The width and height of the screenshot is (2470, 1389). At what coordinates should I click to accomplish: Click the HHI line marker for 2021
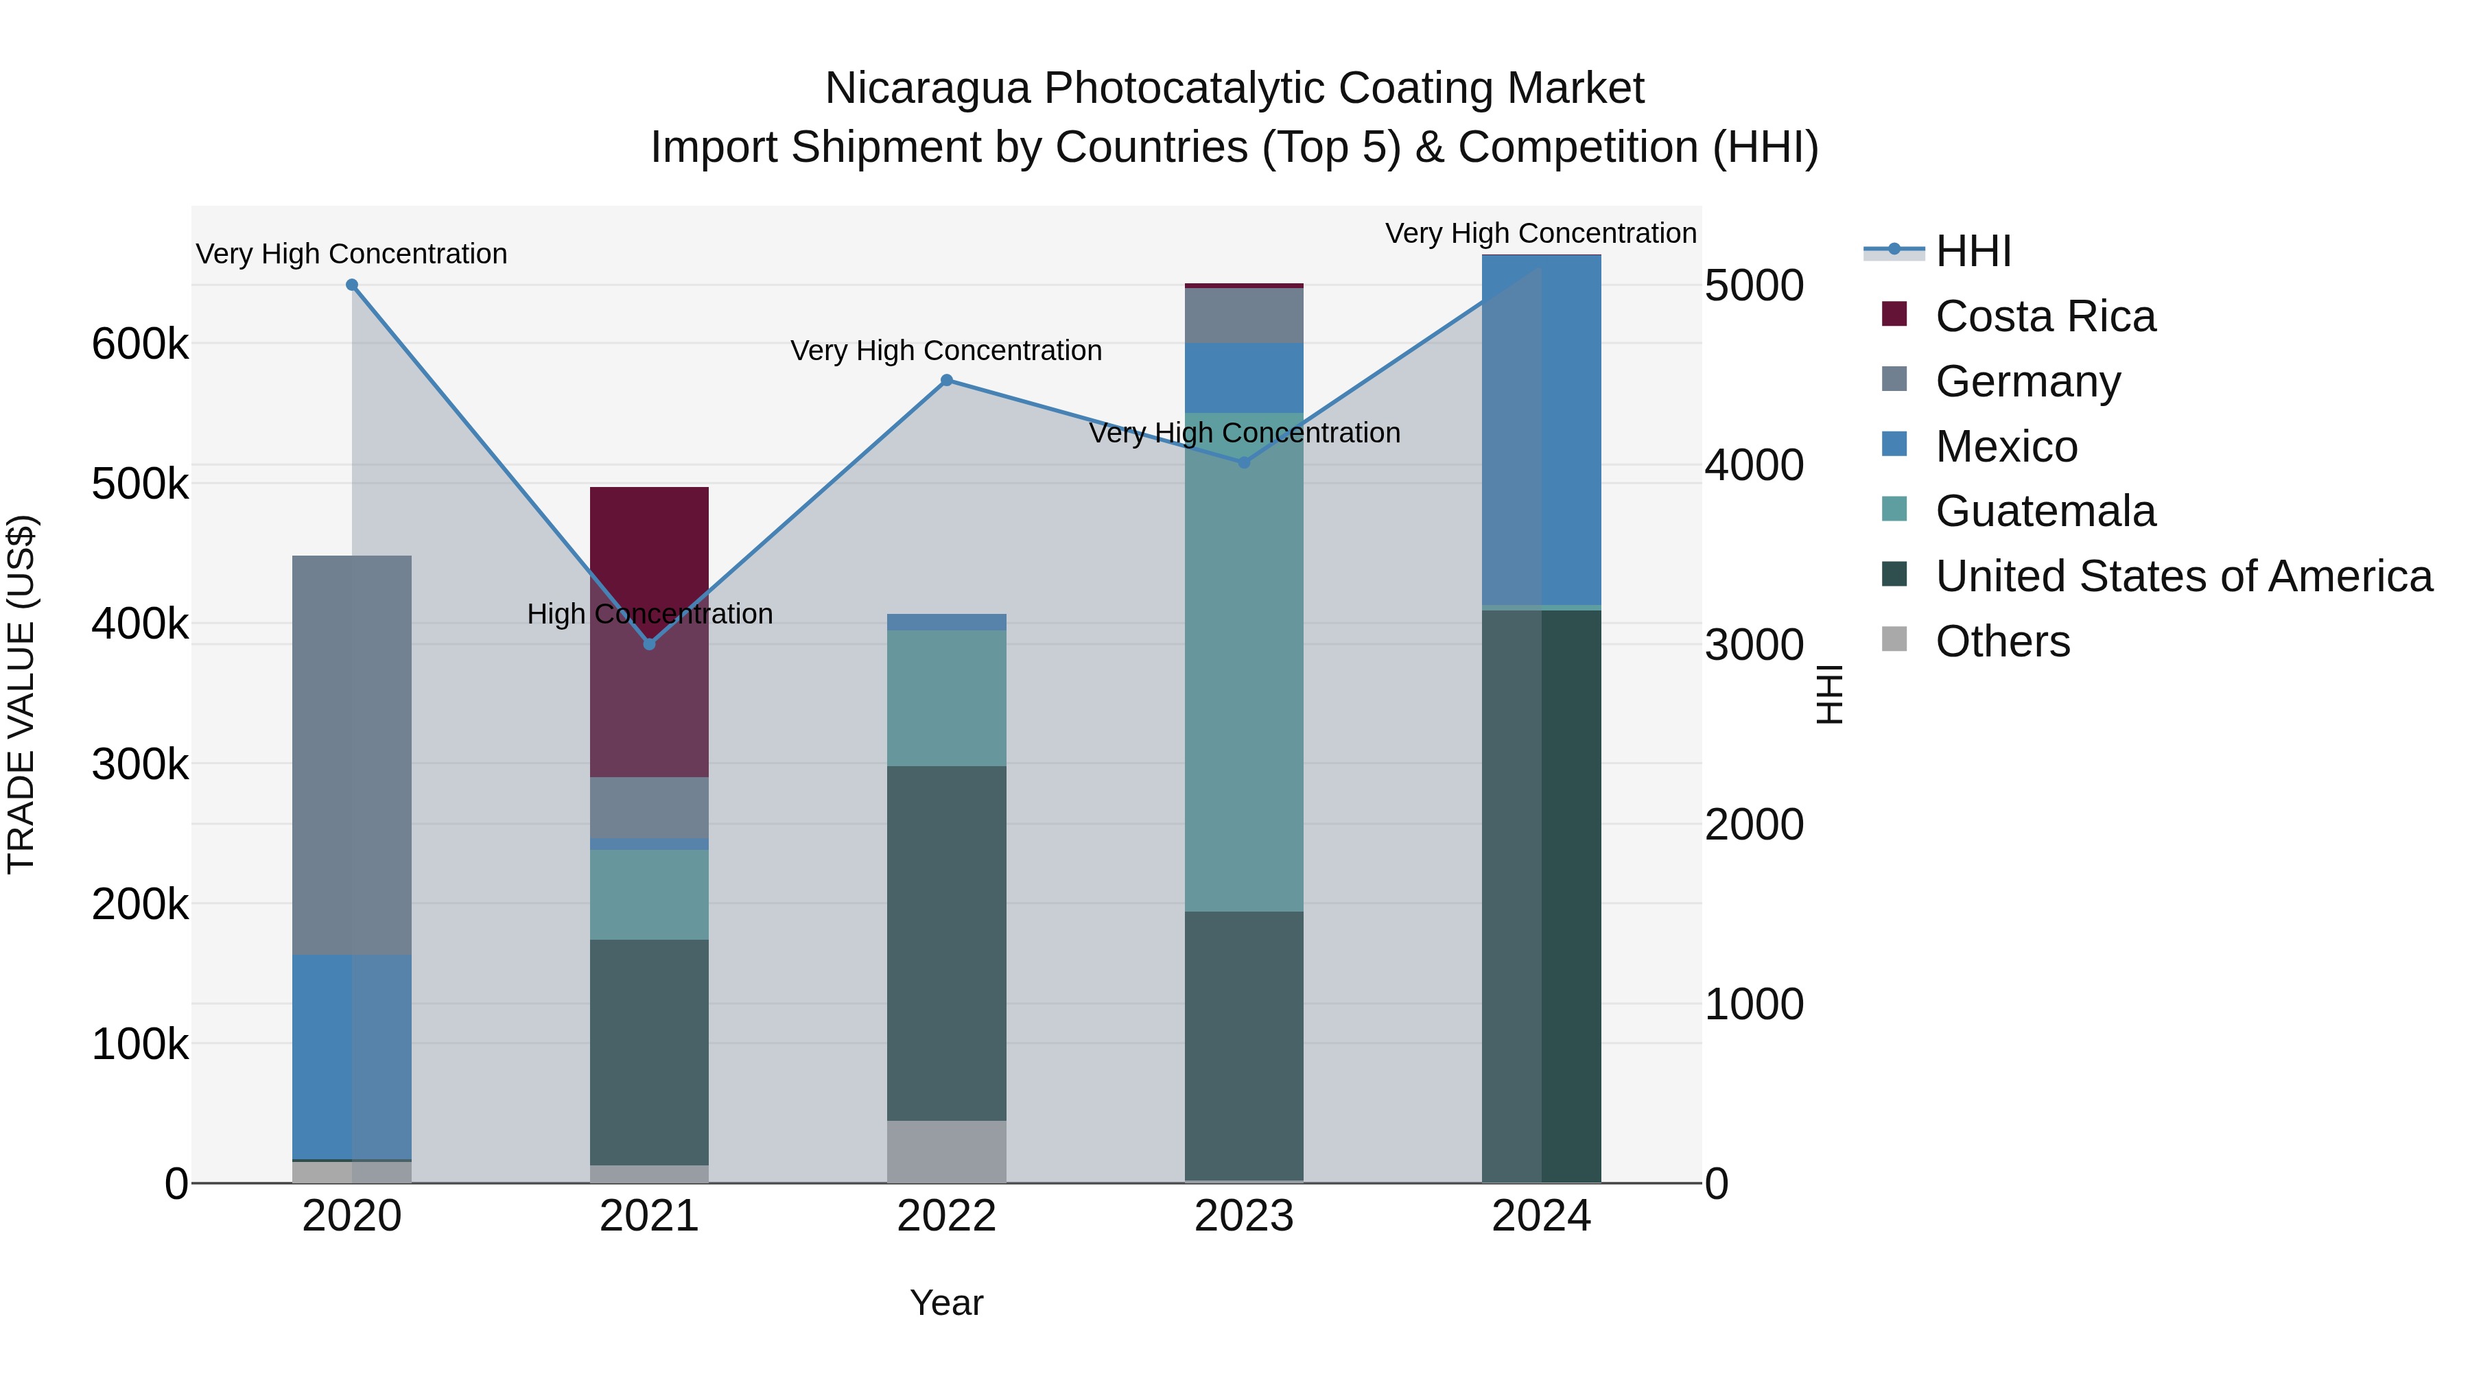point(649,644)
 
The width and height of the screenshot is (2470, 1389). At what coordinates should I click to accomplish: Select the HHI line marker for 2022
point(946,381)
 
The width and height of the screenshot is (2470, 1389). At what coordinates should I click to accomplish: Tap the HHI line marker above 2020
point(352,285)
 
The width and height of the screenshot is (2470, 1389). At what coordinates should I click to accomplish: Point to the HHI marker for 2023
point(1245,463)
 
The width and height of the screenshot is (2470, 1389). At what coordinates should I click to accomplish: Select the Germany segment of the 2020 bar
point(352,755)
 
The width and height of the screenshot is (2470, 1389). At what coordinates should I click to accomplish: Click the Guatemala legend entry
point(2045,511)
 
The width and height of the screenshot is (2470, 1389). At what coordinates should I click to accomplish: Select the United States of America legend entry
point(2183,576)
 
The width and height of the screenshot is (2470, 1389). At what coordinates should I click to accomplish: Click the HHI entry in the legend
point(1973,251)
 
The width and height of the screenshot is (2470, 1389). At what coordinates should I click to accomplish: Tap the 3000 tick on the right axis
point(1754,645)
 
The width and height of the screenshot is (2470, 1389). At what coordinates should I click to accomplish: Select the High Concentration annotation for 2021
point(649,613)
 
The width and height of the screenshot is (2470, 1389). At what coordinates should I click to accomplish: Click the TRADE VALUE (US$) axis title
point(22,694)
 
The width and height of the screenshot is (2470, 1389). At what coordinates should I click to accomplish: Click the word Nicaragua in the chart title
point(927,88)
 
